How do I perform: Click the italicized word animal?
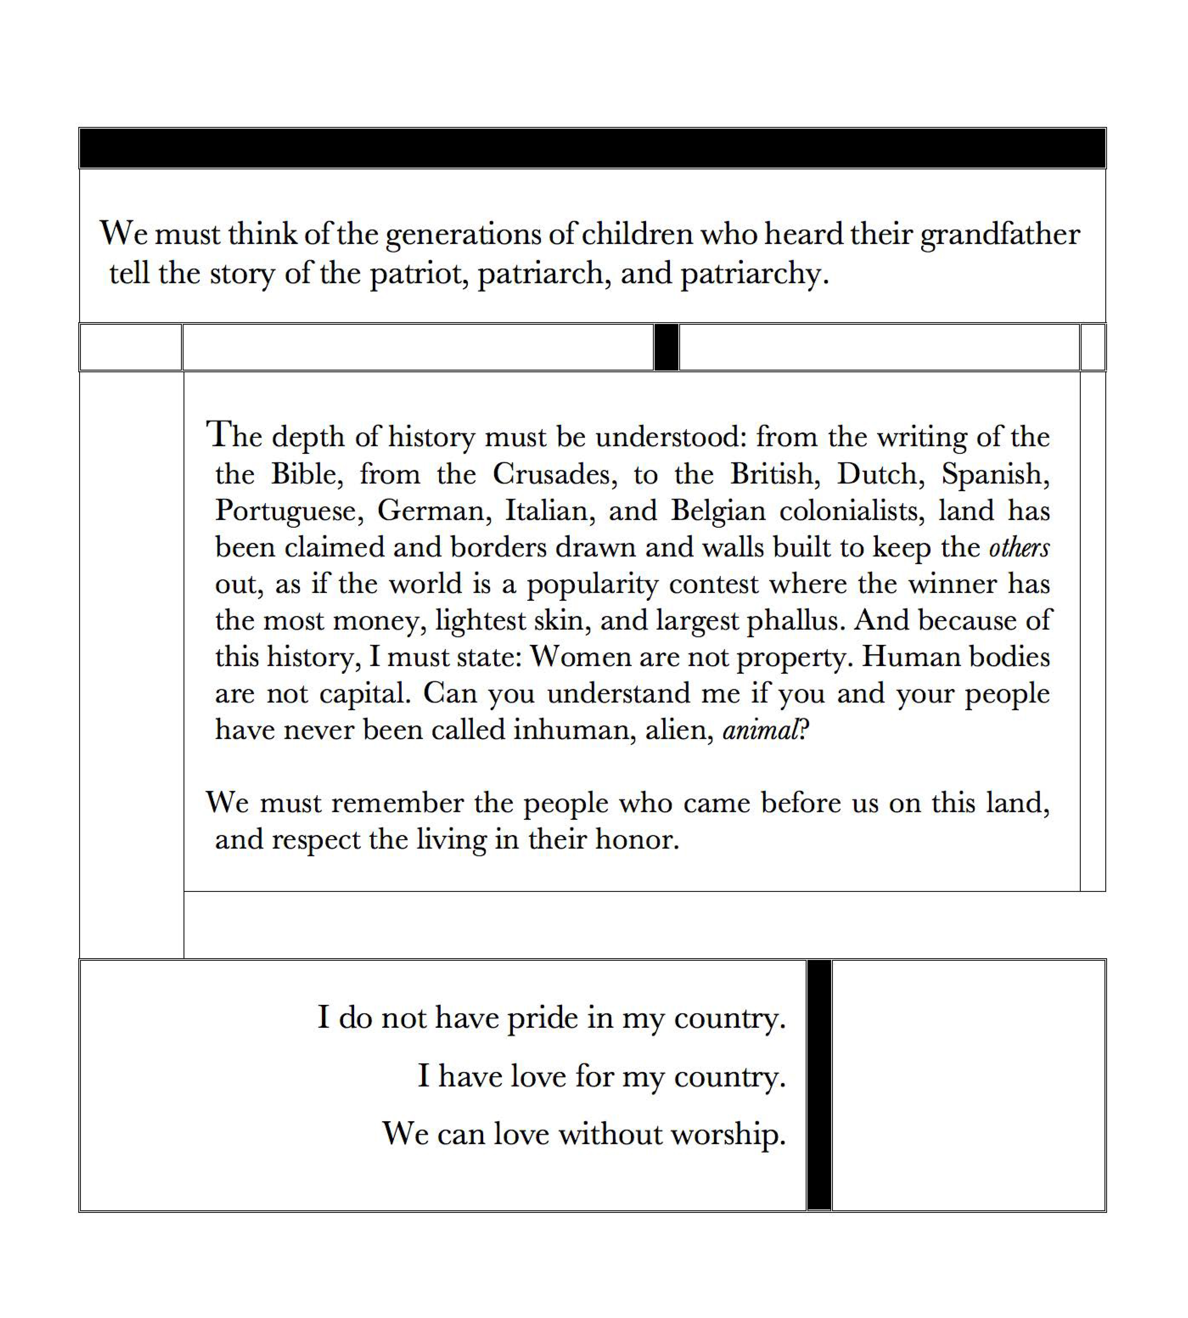tap(760, 730)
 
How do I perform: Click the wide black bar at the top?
tap(593, 148)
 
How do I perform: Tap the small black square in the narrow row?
tap(666, 347)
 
